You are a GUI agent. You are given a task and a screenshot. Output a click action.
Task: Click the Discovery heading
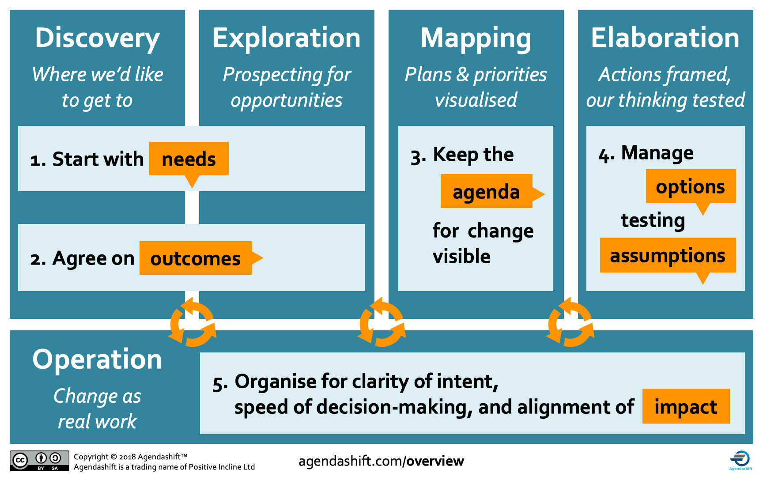tap(97, 38)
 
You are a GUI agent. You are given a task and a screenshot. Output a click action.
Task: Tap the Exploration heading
tap(287, 38)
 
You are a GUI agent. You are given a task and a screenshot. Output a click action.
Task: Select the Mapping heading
tap(476, 38)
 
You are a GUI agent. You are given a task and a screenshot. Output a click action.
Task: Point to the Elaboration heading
tap(665, 38)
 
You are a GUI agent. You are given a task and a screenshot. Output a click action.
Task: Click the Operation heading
tap(97, 360)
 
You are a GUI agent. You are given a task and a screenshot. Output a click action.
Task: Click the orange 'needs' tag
tap(189, 159)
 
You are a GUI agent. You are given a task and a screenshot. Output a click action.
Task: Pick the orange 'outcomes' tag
tap(196, 258)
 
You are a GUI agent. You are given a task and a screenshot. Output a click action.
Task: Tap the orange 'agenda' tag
tap(486, 192)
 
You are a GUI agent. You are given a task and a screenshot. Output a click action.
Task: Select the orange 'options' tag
tap(690, 186)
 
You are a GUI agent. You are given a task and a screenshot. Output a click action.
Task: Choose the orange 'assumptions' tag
tap(667, 255)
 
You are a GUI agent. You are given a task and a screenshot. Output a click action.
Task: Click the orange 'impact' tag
tap(686, 407)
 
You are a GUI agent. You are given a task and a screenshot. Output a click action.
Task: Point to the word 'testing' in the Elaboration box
tap(653, 220)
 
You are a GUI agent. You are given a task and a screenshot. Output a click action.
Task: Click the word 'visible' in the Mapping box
tap(461, 256)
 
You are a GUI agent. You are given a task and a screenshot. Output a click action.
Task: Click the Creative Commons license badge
tap(39, 461)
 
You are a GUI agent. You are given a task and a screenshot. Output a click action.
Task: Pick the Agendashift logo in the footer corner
tap(740, 460)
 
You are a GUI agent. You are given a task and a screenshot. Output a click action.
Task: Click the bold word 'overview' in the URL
tap(435, 461)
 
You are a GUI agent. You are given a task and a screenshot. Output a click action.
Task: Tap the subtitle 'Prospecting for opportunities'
tap(287, 87)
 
